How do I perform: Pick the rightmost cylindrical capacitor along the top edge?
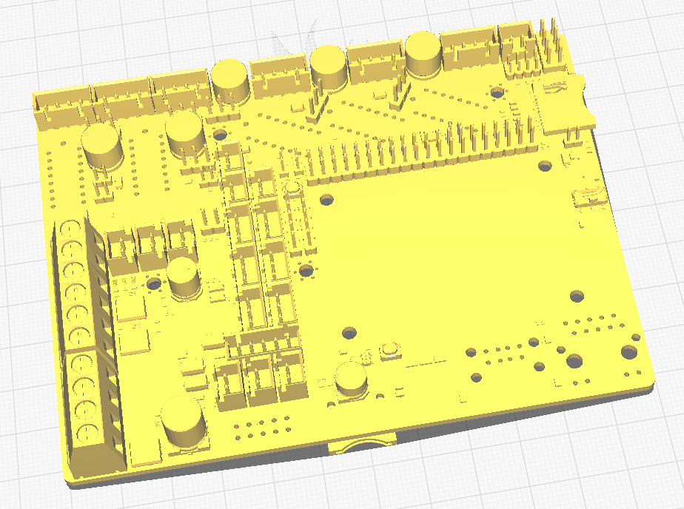pos(423,54)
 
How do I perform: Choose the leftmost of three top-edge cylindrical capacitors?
pos(230,80)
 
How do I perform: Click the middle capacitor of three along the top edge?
pos(328,67)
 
